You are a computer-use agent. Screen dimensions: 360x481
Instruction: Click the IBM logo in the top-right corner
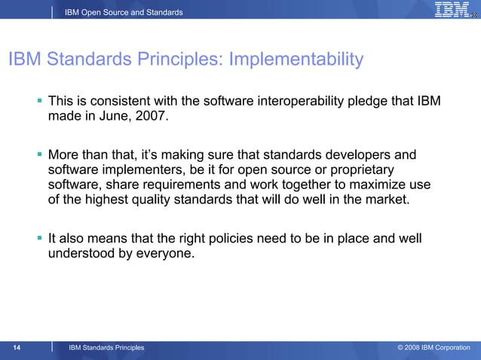pyautogui.click(x=452, y=10)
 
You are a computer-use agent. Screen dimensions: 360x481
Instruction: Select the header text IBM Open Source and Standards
pyautogui.click(x=124, y=12)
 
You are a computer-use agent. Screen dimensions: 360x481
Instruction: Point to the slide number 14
pyautogui.click(x=17, y=347)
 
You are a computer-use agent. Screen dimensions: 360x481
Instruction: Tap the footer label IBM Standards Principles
pyautogui.click(x=106, y=347)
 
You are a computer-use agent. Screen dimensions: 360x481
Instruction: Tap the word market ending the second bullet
pyautogui.click(x=387, y=200)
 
